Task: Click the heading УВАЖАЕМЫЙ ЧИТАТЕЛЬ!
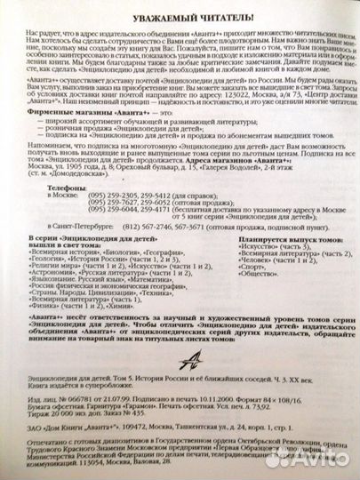tap(179, 18)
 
